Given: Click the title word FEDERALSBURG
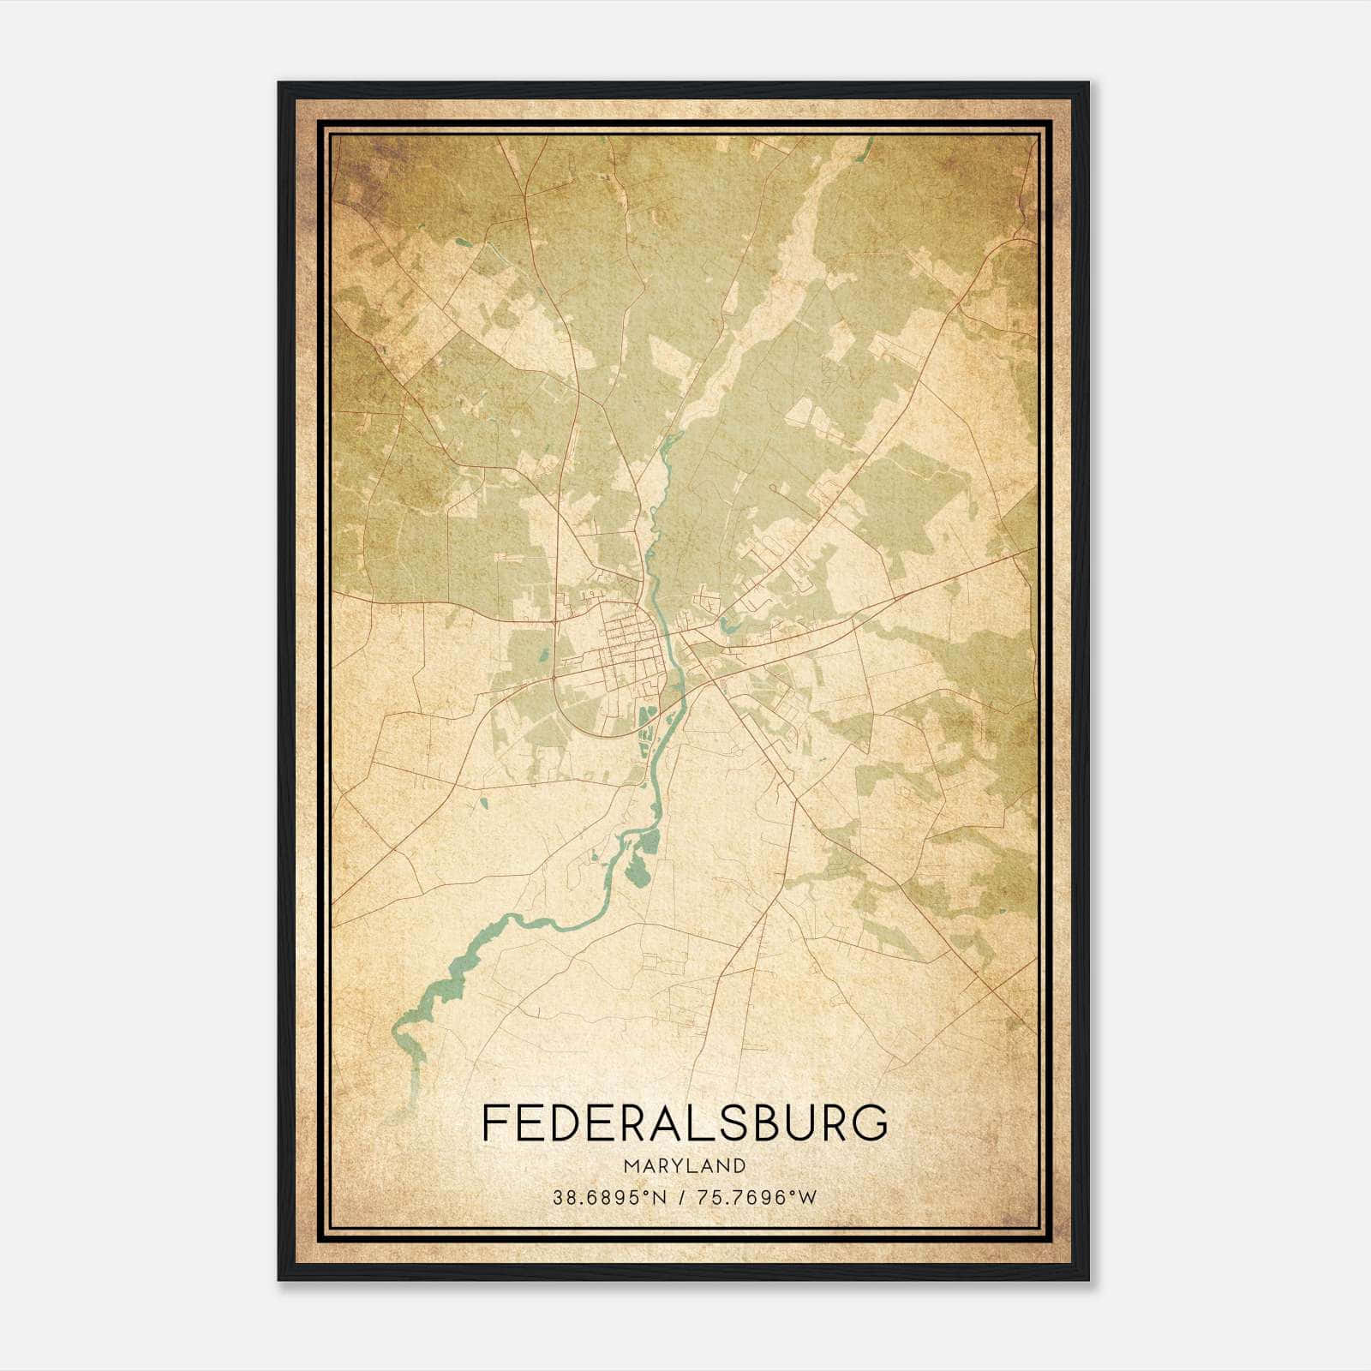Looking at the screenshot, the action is pyautogui.click(x=685, y=1123).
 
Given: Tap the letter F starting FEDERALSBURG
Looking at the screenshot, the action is pyautogui.click(x=494, y=1123).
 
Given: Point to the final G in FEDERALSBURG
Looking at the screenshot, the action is pyautogui.click(x=871, y=1123).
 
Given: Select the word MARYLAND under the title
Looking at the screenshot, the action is pyautogui.click(x=685, y=1165).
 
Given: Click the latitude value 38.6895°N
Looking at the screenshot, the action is pyautogui.click(x=609, y=1197).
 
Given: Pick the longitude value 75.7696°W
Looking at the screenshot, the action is pyautogui.click(x=758, y=1197).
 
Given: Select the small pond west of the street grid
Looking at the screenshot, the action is pyautogui.click(x=543, y=658).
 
